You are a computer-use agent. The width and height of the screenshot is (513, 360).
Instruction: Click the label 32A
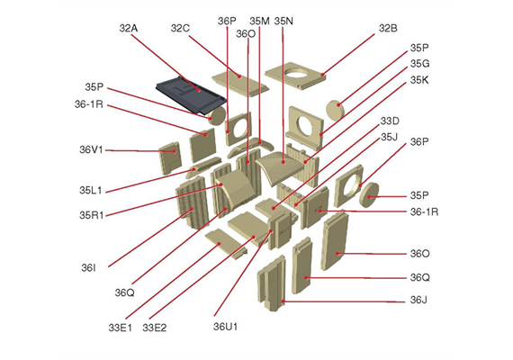click(129, 29)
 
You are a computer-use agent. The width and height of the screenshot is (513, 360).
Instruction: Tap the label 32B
click(388, 29)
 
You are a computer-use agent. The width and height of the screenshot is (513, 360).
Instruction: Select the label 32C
click(180, 29)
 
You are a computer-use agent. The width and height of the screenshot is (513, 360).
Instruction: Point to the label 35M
click(259, 22)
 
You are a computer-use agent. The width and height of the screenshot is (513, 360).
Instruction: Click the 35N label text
click(283, 22)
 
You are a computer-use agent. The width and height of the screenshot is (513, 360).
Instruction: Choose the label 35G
click(419, 64)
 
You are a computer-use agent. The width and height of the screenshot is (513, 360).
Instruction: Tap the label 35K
click(419, 80)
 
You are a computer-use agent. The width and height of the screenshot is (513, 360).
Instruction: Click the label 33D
click(390, 121)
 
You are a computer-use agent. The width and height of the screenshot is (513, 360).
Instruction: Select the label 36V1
click(91, 150)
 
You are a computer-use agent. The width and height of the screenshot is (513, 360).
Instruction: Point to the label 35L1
click(91, 190)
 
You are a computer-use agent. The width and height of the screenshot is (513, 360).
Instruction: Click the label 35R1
click(92, 215)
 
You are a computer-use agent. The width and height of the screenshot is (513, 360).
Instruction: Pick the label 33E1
click(120, 328)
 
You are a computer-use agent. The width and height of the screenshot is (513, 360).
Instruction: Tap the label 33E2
click(155, 328)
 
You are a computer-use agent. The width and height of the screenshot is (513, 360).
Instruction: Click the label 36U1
click(225, 327)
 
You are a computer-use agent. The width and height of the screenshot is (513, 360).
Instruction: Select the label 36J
click(418, 300)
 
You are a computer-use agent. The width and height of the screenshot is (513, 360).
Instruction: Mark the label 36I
click(88, 268)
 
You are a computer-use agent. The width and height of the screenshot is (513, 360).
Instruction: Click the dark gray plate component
click(191, 94)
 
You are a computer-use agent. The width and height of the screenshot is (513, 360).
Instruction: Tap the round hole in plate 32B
click(296, 73)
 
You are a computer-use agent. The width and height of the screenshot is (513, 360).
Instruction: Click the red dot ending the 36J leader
click(283, 301)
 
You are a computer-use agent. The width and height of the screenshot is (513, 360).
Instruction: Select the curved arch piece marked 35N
click(279, 166)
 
